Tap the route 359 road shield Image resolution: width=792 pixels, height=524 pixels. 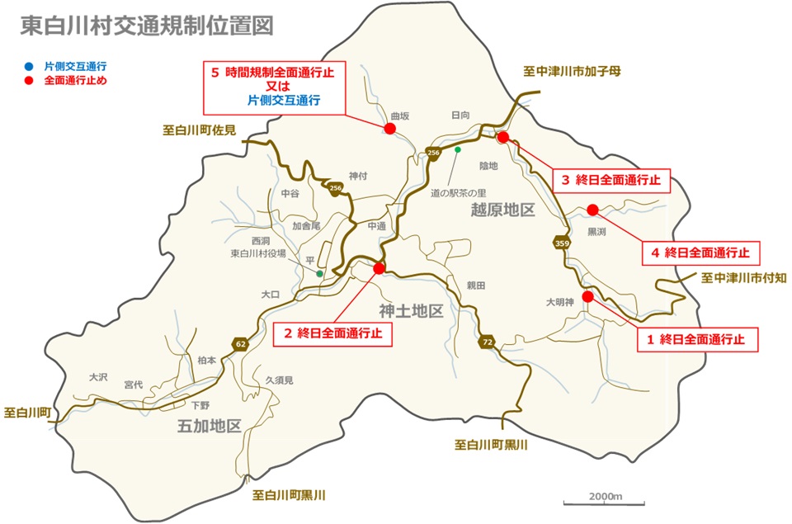click(x=562, y=243)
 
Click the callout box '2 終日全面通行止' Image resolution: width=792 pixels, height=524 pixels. click(x=332, y=334)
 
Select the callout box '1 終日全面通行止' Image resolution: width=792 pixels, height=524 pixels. click(x=697, y=338)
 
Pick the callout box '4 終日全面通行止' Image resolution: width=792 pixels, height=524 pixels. click(x=701, y=253)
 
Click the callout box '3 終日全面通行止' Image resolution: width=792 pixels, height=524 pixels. click(x=612, y=179)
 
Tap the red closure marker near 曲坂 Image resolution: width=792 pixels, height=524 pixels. click(x=390, y=128)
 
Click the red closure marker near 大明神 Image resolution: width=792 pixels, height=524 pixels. click(x=587, y=296)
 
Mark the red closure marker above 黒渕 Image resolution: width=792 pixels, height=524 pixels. click(x=592, y=210)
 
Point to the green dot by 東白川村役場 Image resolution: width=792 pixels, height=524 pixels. click(x=319, y=272)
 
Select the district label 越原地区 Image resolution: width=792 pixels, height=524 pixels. click(x=502, y=210)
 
